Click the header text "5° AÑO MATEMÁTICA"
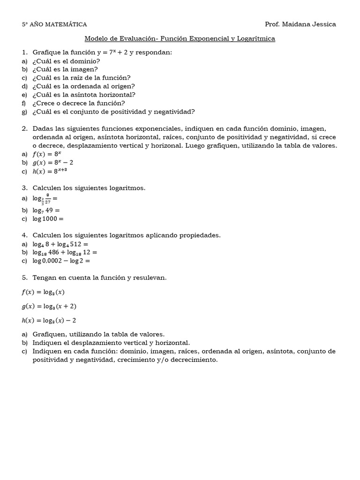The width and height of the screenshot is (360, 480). pyautogui.click(x=54, y=24)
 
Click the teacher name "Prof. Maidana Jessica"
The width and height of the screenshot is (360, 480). pyautogui.click(x=300, y=24)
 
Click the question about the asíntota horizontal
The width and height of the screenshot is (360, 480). pyautogui.click(x=84, y=95)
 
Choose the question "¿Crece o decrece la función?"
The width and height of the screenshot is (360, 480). pyautogui.click(x=79, y=103)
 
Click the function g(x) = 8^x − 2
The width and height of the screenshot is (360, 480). pyautogui.click(x=53, y=162)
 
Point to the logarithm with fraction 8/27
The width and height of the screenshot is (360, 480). pyautogui.click(x=45, y=199)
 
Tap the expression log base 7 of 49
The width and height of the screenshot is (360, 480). pyautogui.click(x=46, y=210)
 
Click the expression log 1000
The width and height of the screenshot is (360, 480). pyautogui.click(x=47, y=218)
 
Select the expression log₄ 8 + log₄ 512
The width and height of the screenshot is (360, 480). pyautogui.click(x=60, y=244)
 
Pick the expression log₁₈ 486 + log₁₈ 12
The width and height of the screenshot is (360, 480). pyautogui.click(x=65, y=253)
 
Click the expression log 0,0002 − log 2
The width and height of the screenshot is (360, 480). pyautogui.click(x=61, y=261)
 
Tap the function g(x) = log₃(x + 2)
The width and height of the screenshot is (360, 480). pyautogui.click(x=49, y=306)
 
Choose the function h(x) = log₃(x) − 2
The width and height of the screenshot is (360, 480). pyautogui.click(x=49, y=320)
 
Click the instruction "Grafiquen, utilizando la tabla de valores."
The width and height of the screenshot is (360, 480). pyautogui.click(x=98, y=334)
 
